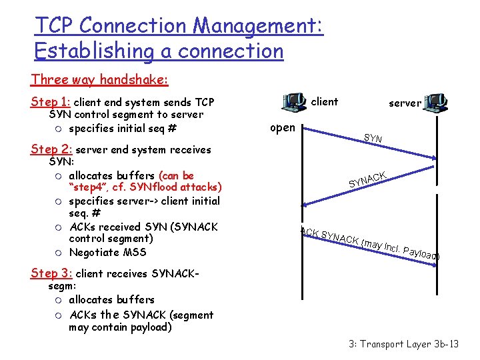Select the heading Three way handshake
click(x=99, y=80)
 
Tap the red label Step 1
click(x=50, y=102)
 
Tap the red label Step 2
click(x=51, y=150)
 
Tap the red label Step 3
click(x=51, y=273)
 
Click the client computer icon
click(x=293, y=102)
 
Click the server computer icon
click(x=437, y=102)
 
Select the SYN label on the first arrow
click(x=373, y=139)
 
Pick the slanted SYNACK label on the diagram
click(x=367, y=178)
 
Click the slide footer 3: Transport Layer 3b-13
click(x=403, y=344)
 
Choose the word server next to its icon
click(x=405, y=103)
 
